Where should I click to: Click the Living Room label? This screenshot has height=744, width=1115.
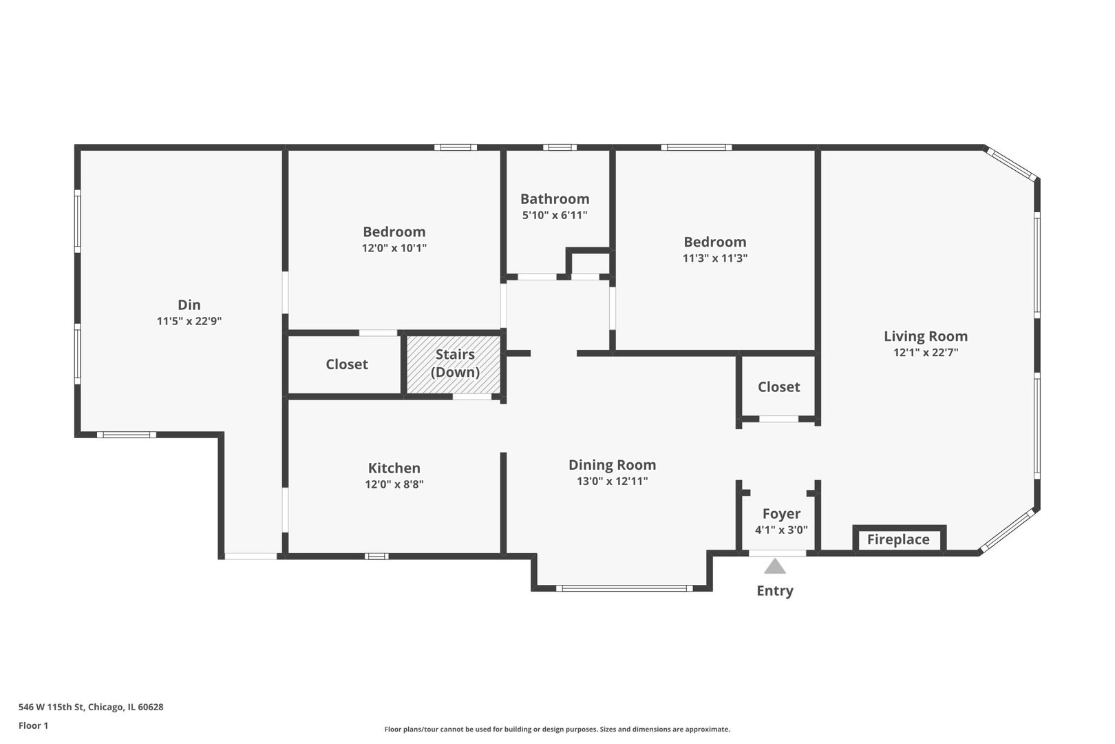pos(925,336)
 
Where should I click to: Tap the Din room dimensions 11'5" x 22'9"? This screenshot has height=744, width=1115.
pos(189,321)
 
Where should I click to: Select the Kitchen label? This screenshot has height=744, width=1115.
pos(394,468)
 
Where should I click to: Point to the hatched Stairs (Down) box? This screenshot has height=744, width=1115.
pos(454,364)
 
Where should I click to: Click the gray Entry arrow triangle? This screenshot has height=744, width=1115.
pos(775,567)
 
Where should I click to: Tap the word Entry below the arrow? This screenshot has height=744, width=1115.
pos(775,590)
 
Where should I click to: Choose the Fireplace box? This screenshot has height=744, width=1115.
pos(898,539)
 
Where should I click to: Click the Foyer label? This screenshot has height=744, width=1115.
pos(781,514)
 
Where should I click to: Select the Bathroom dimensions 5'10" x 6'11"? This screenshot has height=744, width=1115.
pos(555,215)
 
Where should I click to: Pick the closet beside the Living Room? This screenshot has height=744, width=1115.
pos(778,387)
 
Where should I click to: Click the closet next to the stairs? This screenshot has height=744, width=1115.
pos(346,364)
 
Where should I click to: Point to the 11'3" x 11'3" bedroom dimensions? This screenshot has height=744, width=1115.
pos(714,258)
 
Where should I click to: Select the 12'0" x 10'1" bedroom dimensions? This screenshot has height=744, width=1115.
pos(394,248)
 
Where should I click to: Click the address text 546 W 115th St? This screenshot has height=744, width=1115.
pos(90,707)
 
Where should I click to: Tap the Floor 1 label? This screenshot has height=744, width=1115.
pos(33,725)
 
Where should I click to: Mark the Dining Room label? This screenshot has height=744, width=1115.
pos(612,465)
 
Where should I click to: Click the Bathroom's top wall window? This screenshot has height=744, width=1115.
pos(559,147)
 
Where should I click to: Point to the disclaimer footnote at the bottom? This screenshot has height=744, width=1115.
pos(557,729)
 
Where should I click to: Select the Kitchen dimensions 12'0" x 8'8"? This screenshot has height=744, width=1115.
pos(394,484)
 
